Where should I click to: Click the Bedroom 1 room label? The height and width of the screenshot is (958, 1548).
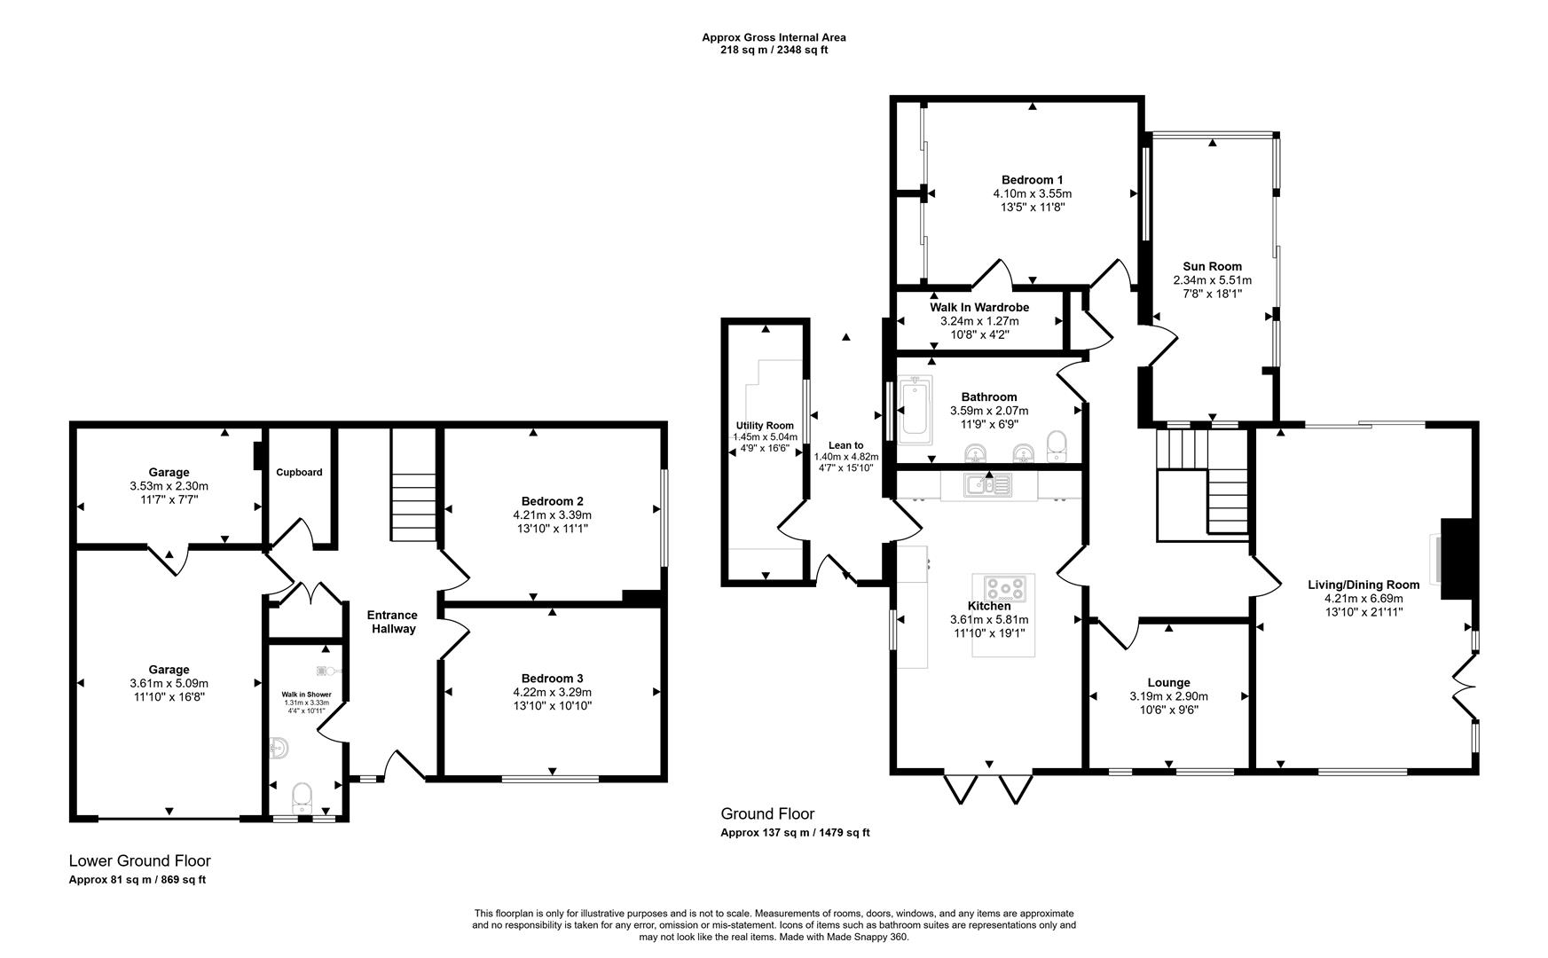(1032, 179)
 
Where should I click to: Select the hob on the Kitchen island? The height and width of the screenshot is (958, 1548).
(1004, 589)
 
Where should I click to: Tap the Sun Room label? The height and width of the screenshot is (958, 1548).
(1212, 266)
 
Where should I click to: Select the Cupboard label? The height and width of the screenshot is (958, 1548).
(299, 473)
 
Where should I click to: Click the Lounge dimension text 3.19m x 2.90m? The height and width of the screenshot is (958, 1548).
(1168, 696)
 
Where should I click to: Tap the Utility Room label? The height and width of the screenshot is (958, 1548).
(765, 426)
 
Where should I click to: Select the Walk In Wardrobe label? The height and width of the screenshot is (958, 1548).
(979, 307)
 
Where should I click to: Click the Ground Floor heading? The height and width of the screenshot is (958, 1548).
(767, 813)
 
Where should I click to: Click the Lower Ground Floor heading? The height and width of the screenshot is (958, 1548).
(140, 860)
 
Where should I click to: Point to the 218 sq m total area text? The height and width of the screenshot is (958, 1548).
(774, 51)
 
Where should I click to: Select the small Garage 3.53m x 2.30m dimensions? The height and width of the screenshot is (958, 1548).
(169, 486)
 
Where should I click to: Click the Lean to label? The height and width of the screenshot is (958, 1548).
(845, 445)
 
